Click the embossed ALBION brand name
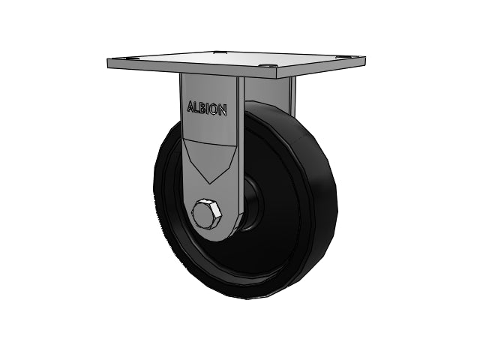click(x=207, y=108)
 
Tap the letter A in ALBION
click(x=191, y=106)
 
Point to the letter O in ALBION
click(x=214, y=109)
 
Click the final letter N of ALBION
click(x=223, y=110)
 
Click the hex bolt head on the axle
click(x=207, y=214)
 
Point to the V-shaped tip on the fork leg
click(x=210, y=182)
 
